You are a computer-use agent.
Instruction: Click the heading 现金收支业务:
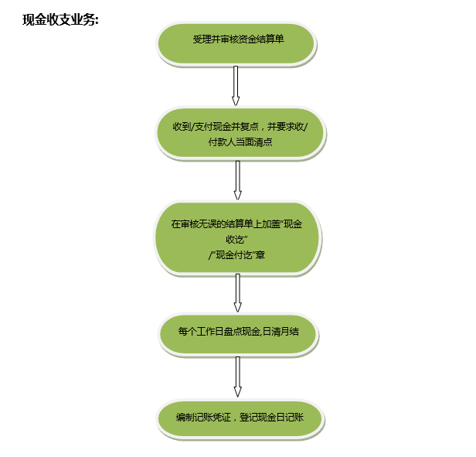[x=60, y=20]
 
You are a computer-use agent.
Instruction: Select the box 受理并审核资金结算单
[x=236, y=44]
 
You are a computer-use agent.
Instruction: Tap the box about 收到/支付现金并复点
[x=240, y=133]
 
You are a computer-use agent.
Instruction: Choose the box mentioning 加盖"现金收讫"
[x=238, y=238]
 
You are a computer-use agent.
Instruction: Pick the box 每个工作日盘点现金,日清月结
[x=238, y=334]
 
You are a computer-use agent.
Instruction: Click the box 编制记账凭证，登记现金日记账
[x=240, y=419]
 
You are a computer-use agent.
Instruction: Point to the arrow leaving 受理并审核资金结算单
[x=236, y=86]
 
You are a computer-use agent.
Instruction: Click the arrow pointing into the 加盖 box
[x=238, y=180]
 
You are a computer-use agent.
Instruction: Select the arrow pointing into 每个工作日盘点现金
[x=238, y=293]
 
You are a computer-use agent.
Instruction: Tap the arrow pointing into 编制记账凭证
[x=238, y=377]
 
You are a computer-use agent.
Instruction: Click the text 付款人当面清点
[x=240, y=142]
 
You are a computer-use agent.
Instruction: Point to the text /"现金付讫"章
[x=236, y=254]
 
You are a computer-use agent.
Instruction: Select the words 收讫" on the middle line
[x=236, y=240]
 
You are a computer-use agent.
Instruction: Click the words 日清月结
[x=280, y=331]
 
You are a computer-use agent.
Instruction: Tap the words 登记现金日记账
[x=271, y=418]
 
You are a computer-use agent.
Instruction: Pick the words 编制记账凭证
[x=203, y=418]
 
